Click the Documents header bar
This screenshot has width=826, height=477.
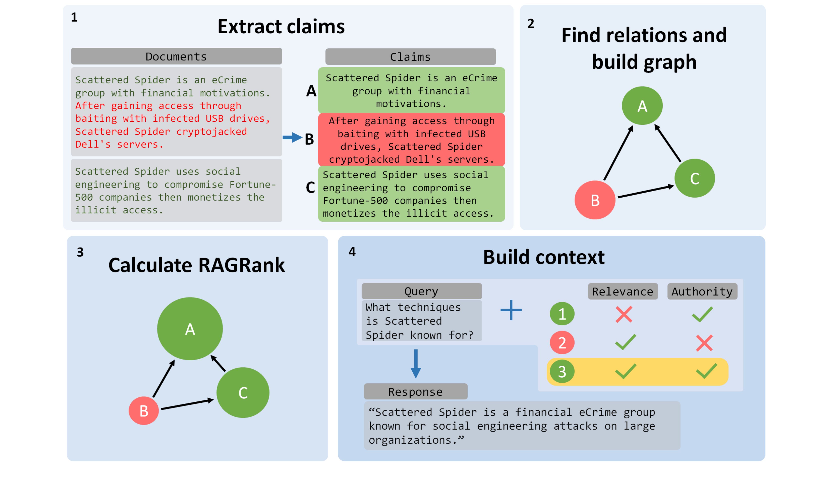(x=176, y=56)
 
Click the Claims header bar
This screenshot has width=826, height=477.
(x=410, y=57)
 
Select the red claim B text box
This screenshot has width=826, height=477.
(x=411, y=140)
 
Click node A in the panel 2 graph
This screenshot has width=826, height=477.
(x=642, y=106)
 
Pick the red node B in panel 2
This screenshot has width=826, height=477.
(x=595, y=200)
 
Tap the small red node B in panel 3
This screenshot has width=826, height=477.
(x=144, y=410)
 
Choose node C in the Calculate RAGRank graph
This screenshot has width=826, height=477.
(x=243, y=393)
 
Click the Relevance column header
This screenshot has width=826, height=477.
(x=622, y=291)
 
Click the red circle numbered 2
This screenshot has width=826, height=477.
(x=562, y=343)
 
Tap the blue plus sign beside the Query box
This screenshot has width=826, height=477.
(x=511, y=310)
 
